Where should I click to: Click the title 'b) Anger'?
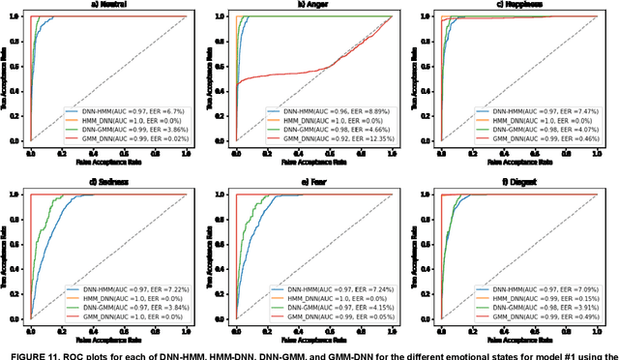(312, 6)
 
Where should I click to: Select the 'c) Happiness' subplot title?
(517, 6)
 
